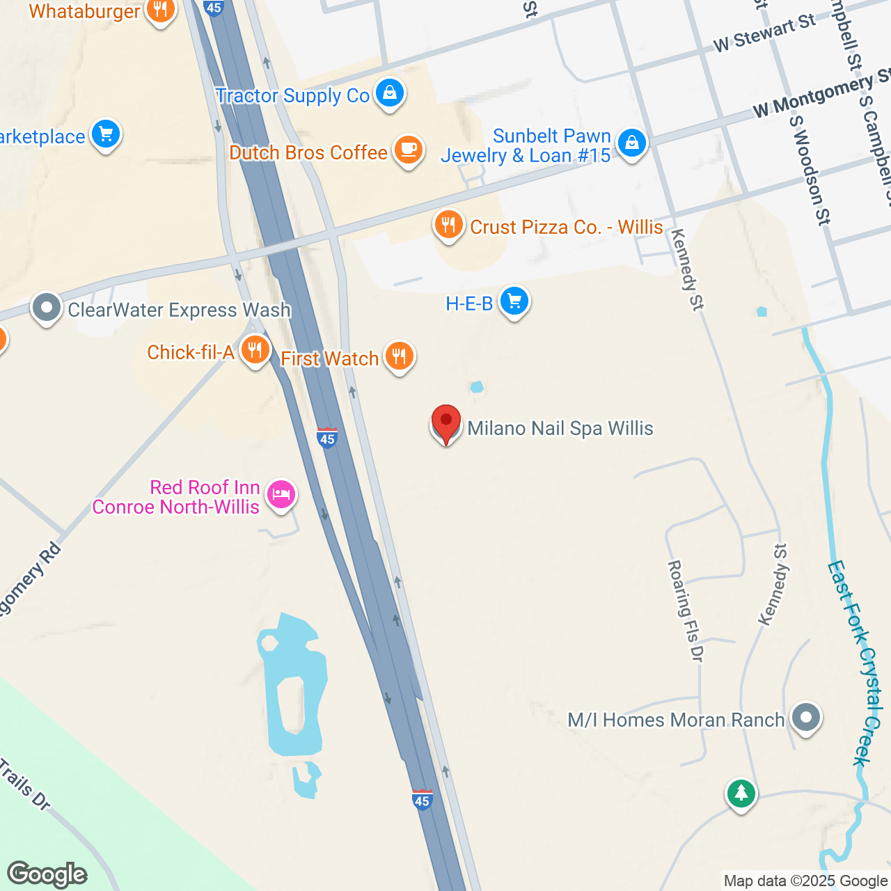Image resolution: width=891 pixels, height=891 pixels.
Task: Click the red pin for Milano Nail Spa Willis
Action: pyautogui.click(x=445, y=423)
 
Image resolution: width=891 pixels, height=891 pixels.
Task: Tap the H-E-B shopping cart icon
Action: pyautogui.click(x=514, y=301)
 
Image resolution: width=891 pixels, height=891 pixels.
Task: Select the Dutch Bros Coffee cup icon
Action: pyautogui.click(x=409, y=150)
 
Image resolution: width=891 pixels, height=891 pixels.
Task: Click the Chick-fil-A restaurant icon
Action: pyautogui.click(x=255, y=350)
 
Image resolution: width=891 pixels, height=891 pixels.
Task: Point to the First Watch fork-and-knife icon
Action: pyautogui.click(x=399, y=356)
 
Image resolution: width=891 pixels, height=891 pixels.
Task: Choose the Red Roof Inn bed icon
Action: pyautogui.click(x=281, y=495)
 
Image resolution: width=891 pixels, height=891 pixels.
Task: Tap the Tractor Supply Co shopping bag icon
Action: pyautogui.click(x=390, y=93)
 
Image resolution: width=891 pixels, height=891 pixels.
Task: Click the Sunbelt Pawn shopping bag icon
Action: pyautogui.click(x=631, y=143)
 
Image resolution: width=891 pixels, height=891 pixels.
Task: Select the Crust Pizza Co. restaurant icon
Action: pyautogui.click(x=449, y=225)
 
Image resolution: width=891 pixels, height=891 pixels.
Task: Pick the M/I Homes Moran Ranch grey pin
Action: pyautogui.click(x=806, y=717)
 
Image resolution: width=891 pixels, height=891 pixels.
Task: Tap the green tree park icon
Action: pyautogui.click(x=741, y=793)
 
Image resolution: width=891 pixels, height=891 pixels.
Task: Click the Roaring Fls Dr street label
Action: pyautogui.click(x=686, y=610)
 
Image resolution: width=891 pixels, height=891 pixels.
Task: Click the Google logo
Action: pyautogui.click(x=47, y=874)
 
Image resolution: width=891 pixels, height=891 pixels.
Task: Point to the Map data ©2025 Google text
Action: pyautogui.click(x=805, y=881)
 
